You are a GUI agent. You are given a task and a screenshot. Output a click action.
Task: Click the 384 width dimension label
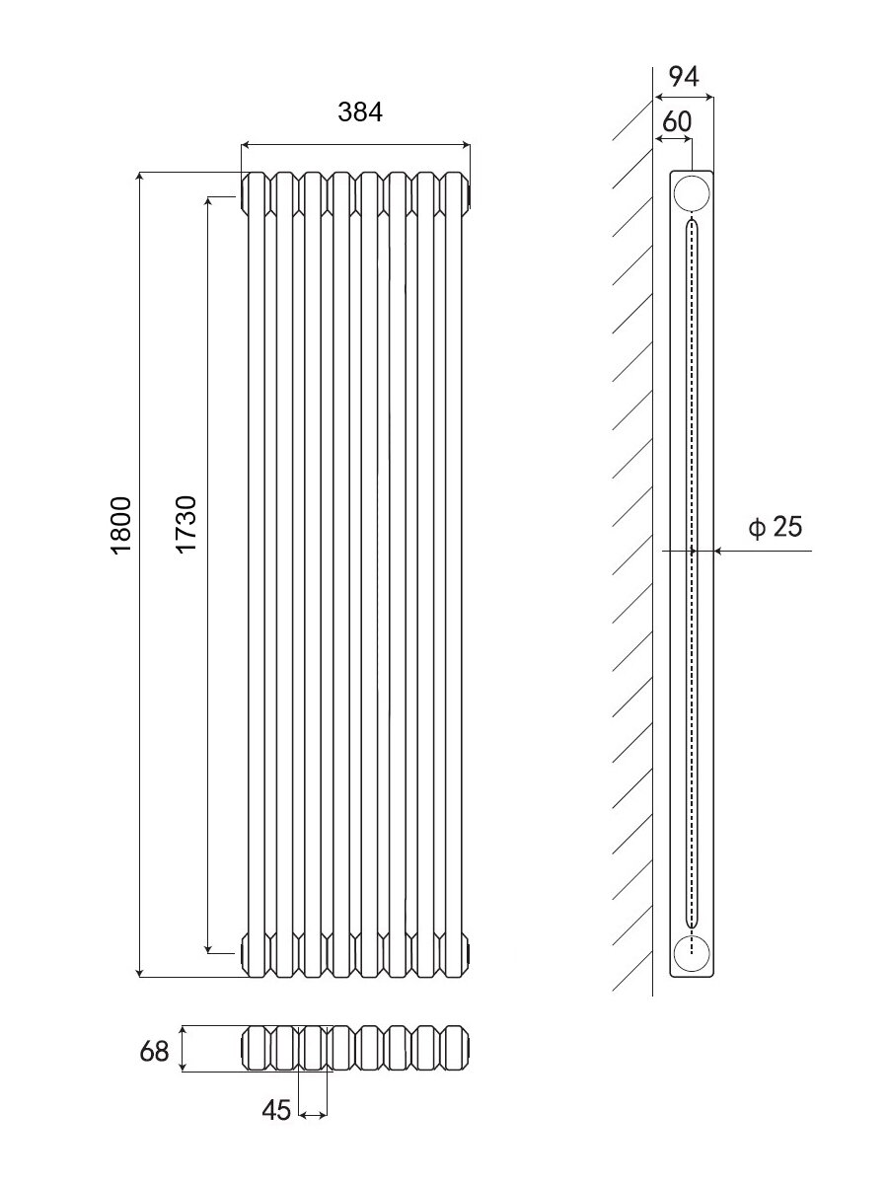coord(359,112)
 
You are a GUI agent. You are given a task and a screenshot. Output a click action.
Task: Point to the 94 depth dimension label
coord(683,76)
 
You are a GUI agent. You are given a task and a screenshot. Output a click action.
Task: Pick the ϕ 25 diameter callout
coord(776,527)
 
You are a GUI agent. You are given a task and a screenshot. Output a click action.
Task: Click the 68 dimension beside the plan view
coord(155,1051)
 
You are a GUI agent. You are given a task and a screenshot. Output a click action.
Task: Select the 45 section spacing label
coord(277,1111)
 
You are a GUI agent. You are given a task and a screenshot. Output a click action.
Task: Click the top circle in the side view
coord(692,193)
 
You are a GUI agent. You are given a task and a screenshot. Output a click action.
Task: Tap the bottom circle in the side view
coord(692,954)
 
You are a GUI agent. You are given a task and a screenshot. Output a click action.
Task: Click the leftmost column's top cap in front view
coord(257,192)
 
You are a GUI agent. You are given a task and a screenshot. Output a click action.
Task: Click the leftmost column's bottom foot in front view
coord(257,954)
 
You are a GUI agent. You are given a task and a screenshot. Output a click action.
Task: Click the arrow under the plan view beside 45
coord(313,1115)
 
